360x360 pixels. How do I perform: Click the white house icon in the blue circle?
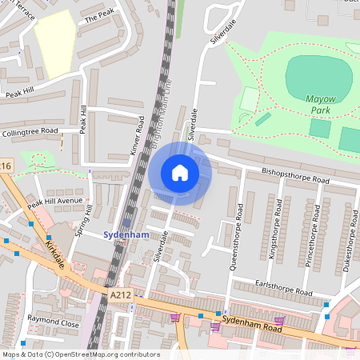click(180, 173)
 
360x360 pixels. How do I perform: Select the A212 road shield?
click(121, 295)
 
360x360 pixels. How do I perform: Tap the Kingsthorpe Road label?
click(277, 237)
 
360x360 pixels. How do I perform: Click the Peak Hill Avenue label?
click(55, 202)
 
